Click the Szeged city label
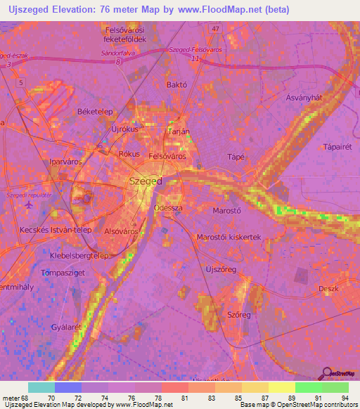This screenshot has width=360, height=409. pyautogui.click(x=146, y=181)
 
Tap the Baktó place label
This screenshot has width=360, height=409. pyautogui.click(x=175, y=84)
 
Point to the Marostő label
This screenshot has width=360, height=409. pyautogui.click(x=227, y=209)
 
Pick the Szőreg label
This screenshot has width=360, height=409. pyautogui.click(x=238, y=315)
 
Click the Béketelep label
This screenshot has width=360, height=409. pyautogui.click(x=95, y=112)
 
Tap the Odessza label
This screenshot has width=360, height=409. pyautogui.click(x=168, y=209)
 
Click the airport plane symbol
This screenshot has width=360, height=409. pyautogui.click(x=28, y=204)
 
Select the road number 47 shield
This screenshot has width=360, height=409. pyautogui.click(x=215, y=29)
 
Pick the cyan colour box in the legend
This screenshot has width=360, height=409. pyautogui.click(x=41, y=387)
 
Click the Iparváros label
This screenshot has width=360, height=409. pyautogui.click(x=66, y=161)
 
